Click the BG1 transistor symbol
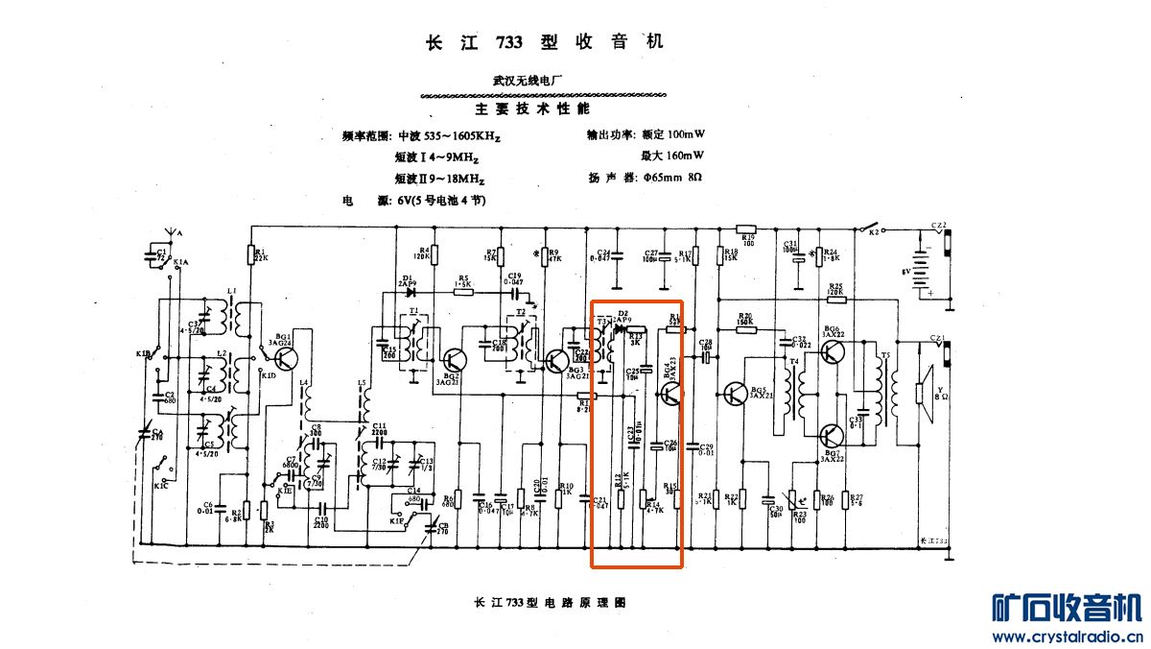286,358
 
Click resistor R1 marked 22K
250,253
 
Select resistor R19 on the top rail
746,229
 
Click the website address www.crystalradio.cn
1065,636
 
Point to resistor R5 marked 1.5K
462,292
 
